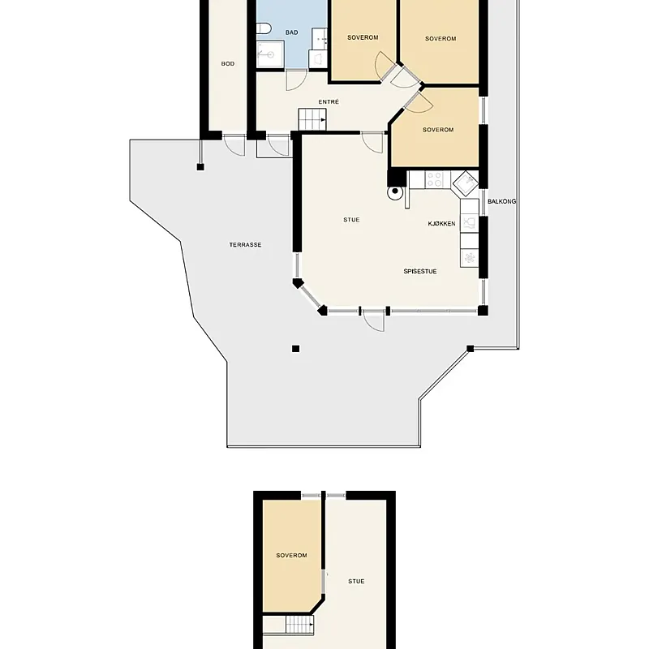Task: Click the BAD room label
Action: [x=291, y=32]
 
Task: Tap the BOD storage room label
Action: [x=228, y=64]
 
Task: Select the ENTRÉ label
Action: [x=329, y=102]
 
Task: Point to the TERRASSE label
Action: [x=246, y=245]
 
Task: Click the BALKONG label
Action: [x=501, y=201]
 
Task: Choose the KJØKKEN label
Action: [x=441, y=224]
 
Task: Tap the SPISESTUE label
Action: [x=420, y=272]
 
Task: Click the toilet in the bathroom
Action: [x=263, y=28]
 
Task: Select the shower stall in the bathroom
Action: [x=270, y=54]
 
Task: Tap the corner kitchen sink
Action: [x=466, y=183]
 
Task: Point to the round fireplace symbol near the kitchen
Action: [x=395, y=191]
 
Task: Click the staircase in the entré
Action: [x=312, y=119]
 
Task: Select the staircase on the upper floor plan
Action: [x=299, y=624]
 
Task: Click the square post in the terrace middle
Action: [x=295, y=349]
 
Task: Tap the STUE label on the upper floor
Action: [x=356, y=581]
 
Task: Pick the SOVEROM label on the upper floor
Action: [x=292, y=556]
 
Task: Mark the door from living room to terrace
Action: [x=374, y=320]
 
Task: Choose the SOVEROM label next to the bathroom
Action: [x=363, y=37]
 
